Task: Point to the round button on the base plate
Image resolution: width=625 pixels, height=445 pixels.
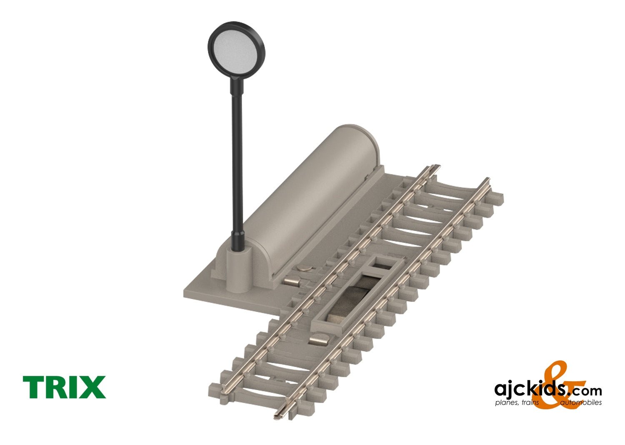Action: [x=306, y=269]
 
